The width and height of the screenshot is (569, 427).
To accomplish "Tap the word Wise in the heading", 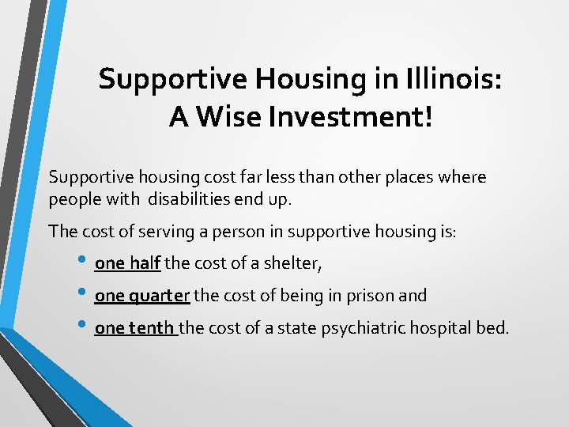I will point(229,116).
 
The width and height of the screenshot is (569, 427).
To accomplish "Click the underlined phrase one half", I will point(127,263).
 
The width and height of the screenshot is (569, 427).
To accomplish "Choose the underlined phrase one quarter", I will point(142,296).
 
